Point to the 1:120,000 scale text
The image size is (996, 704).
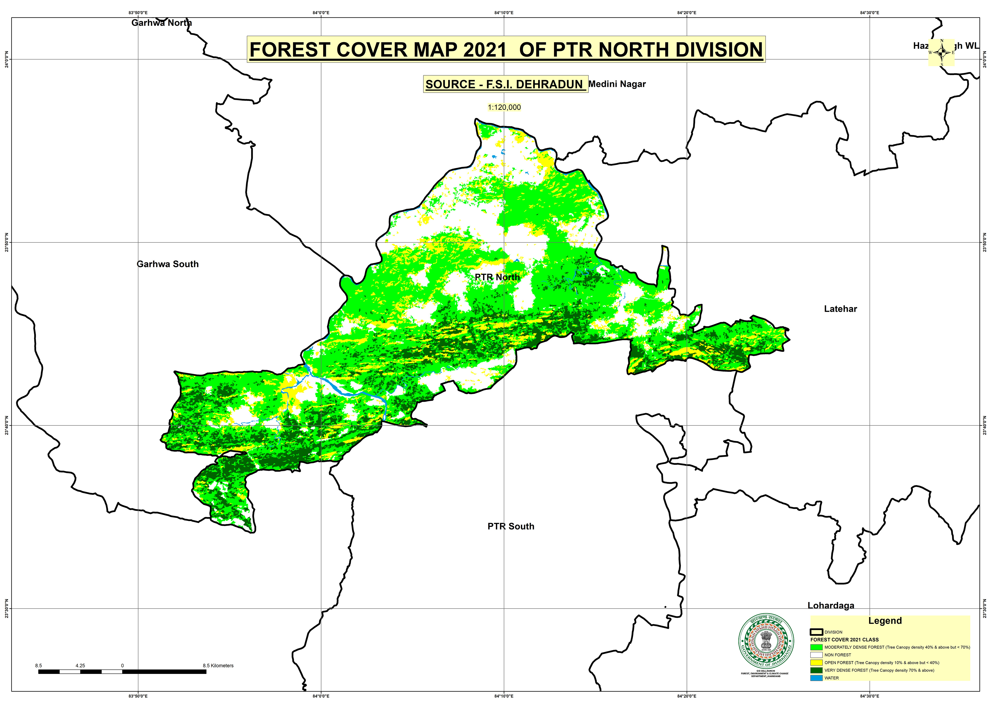point(504,107)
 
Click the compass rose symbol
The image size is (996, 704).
point(941,53)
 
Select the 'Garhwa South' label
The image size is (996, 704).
point(167,264)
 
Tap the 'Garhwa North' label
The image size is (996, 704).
point(161,23)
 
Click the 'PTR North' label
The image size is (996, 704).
point(497,277)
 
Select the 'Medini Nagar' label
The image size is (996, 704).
point(617,84)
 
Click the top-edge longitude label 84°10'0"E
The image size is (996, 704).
point(504,13)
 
